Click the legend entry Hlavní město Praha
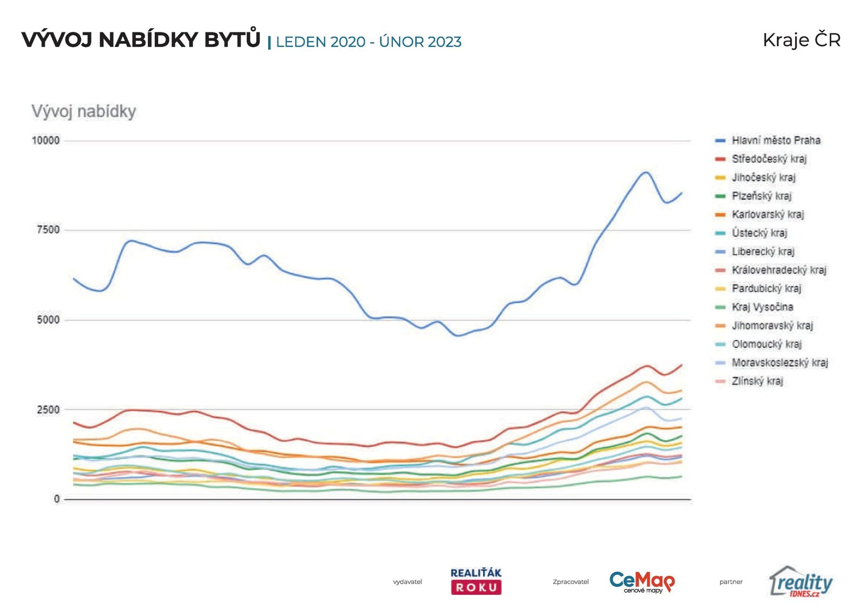776,141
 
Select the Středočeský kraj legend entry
769,159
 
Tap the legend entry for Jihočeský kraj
763,177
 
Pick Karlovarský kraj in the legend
768,215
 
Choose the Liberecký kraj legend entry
763,252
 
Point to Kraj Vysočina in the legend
762,307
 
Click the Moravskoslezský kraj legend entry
779,363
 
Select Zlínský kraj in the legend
757,381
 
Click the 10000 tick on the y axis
46,141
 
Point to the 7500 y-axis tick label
48,230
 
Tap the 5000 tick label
48,320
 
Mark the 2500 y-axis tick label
48,410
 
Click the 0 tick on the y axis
57,499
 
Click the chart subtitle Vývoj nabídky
84,112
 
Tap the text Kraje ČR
802,40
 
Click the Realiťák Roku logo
476,581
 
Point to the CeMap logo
642,581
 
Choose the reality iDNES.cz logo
801,581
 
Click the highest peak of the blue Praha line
646,172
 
